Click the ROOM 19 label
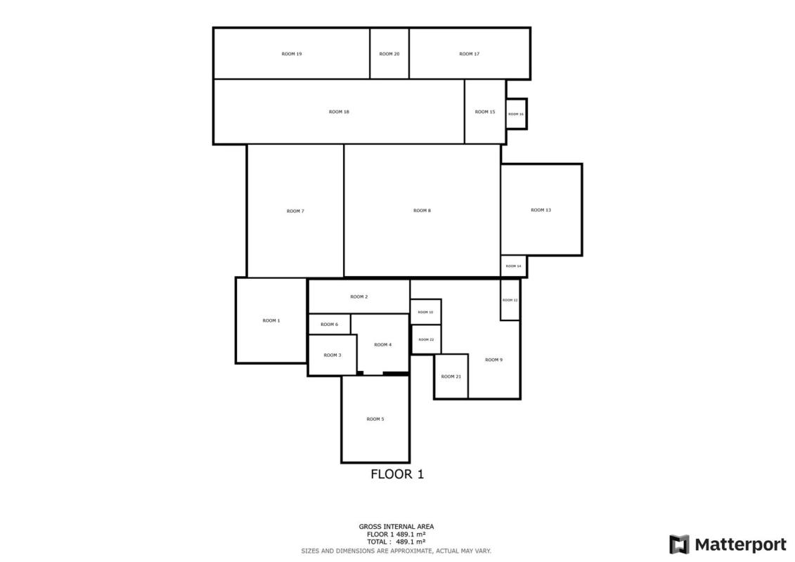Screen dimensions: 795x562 click(x=292, y=53)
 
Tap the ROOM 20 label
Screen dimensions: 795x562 click(x=389, y=53)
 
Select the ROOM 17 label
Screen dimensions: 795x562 click(x=469, y=53)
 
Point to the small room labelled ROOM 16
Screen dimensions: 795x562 click(x=517, y=114)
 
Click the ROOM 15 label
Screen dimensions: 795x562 click(x=485, y=112)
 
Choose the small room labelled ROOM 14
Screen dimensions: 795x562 click(x=514, y=266)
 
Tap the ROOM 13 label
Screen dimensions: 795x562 click(x=541, y=210)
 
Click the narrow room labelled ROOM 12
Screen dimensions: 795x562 click(x=510, y=299)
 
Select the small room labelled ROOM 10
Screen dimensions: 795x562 click(x=426, y=312)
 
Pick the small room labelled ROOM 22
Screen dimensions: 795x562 click(x=426, y=339)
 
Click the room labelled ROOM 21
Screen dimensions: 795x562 click(x=451, y=377)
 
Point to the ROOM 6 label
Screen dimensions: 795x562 click(x=329, y=325)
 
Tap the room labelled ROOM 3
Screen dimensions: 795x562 click(x=332, y=355)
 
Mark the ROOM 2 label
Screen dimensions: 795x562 click(x=359, y=296)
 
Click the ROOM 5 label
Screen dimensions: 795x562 click(x=375, y=419)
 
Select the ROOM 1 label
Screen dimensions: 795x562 click(x=271, y=320)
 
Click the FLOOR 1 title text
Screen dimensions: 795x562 click(x=397, y=474)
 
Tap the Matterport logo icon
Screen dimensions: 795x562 click(x=680, y=544)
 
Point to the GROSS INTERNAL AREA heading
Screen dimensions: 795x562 click(x=396, y=527)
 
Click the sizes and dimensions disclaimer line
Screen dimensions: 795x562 click(x=396, y=551)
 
